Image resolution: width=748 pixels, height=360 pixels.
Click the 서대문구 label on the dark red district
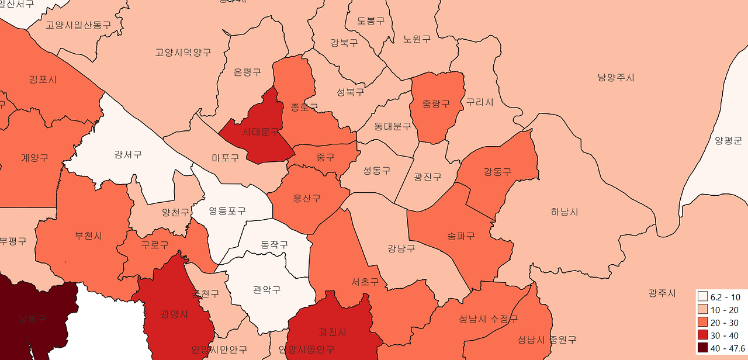(261, 133)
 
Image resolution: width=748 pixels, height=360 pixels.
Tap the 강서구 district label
(128, 155)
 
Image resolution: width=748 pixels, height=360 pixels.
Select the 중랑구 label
(437, 104)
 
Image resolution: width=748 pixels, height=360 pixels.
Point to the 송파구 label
(461, 236)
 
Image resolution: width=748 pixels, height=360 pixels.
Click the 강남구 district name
(401, 248)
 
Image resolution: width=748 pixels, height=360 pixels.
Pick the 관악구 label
(266, 290)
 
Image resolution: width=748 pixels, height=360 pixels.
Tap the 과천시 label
(333, 332)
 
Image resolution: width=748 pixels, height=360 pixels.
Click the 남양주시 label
(616, 78)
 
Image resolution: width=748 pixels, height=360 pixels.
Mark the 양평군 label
(728, 140)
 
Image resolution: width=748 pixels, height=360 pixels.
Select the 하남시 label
(565, 212)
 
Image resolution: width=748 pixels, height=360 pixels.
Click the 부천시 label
(88, 236)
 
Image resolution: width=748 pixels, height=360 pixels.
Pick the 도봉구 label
(371, 21)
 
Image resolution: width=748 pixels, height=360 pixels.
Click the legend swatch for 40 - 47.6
(703, 348)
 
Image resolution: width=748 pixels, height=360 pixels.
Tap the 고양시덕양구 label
(183, 53)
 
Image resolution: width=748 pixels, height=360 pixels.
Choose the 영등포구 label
(227, 210)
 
